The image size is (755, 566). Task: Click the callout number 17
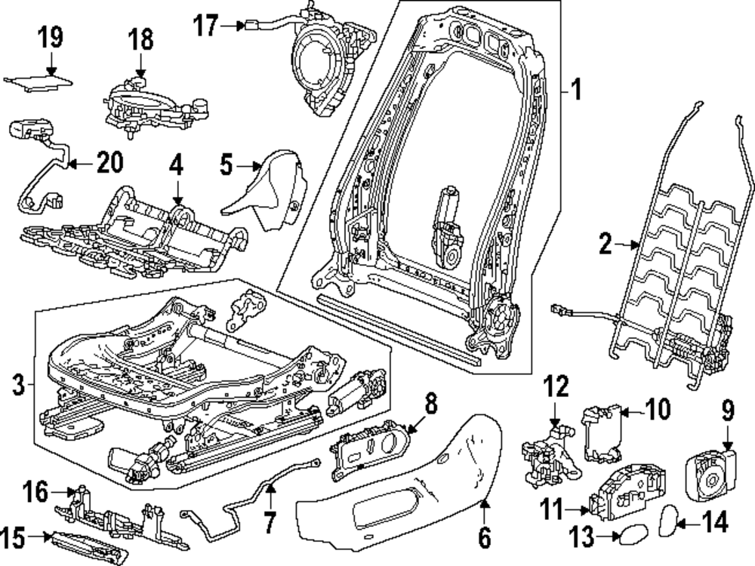pos(205,26)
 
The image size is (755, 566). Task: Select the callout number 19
pos(51,37)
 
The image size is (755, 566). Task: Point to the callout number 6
pos(484,537)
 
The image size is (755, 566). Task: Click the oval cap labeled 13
pos(628,537)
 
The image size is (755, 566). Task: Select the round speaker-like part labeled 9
pos(709,472)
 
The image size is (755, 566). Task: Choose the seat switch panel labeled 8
pos(368,448)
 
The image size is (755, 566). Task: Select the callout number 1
pos(576,92)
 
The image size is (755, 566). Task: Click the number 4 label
pos(176,165)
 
